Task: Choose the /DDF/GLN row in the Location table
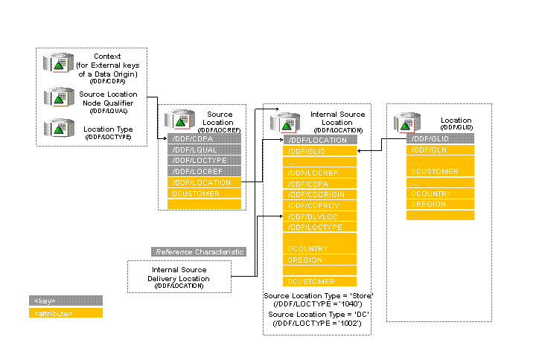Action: pos(439,150)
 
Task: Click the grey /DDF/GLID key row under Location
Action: pos(439,139)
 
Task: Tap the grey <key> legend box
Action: pos(65,300)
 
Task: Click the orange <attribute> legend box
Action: pos(65,313)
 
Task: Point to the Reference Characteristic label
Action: pos(199,252)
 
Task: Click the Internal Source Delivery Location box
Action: pos(179,276)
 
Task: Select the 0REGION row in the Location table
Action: pos(439,204)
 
